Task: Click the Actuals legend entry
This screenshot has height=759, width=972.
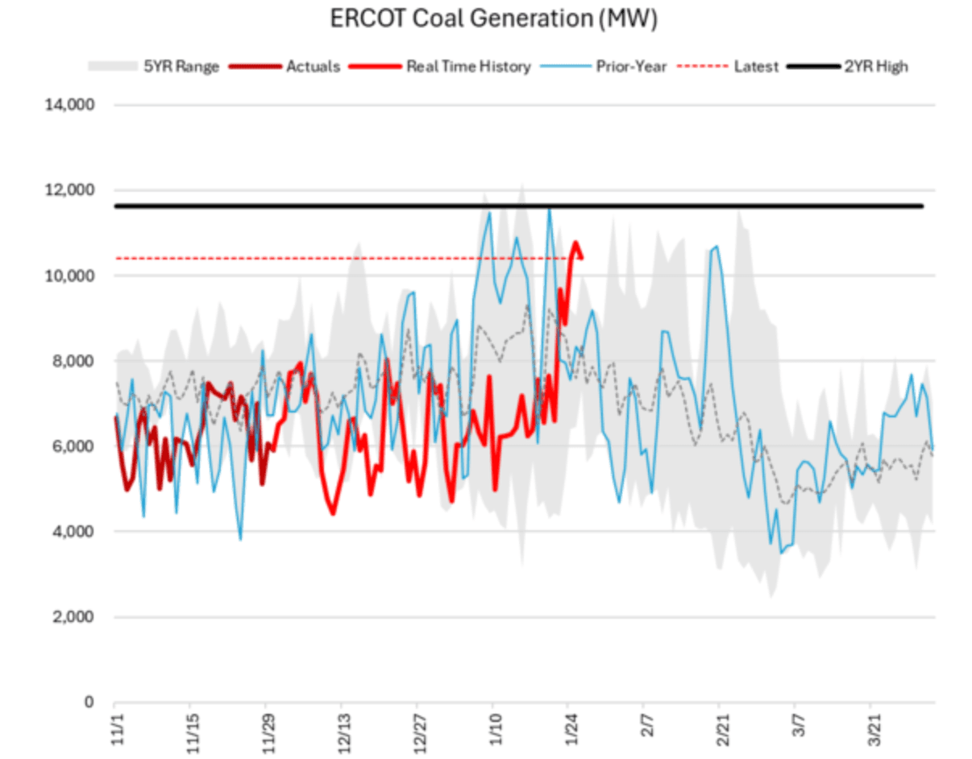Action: pyautogui.click(x=313, y=67)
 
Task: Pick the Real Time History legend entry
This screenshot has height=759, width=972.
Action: pyautogui.click(x=468, y=67)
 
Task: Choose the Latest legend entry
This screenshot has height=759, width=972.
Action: pyautogui.click(x=756, y=67)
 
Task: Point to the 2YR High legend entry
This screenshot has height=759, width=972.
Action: pyautogui.click(x=875, y=67)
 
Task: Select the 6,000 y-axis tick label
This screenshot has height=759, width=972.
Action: pyautogui.click(x=77, y=447)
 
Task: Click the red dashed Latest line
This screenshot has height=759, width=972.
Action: pyautogui.click(x=322, y=259)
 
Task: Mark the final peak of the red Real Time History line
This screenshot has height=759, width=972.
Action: pyautogui.click(x=575, y=242)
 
